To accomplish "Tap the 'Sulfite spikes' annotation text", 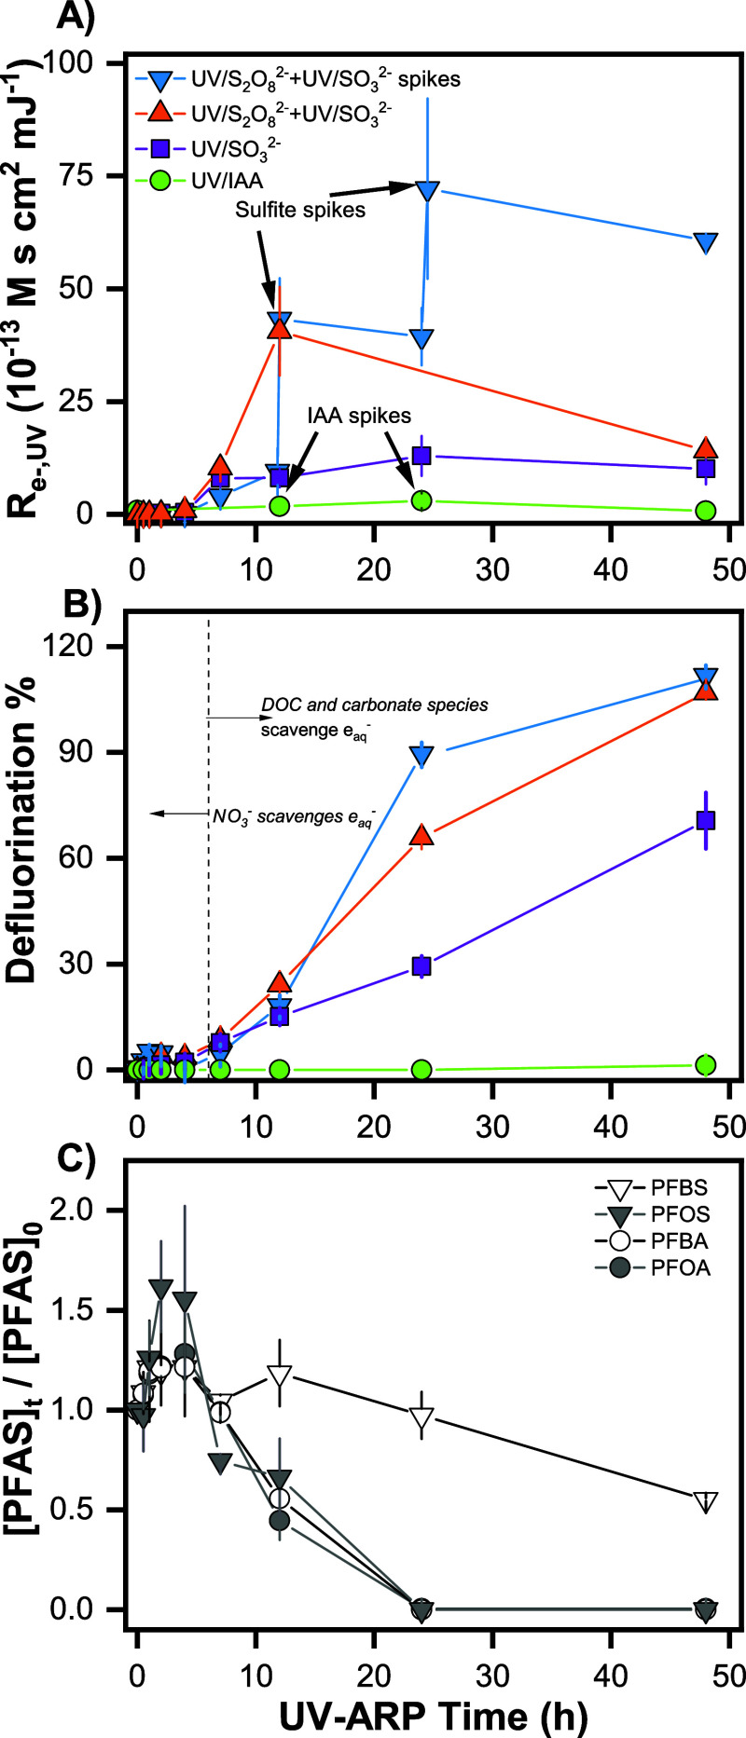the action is coord(300,210).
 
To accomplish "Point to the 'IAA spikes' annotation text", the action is coord(359,415).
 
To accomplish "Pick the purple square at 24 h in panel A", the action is coord(421,456).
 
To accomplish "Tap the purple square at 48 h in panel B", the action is coord(706,820).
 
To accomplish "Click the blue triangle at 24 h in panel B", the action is coord(421,756).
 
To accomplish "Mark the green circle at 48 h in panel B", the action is coord(706,1064).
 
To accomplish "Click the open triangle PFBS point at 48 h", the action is coord(706,1502).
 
